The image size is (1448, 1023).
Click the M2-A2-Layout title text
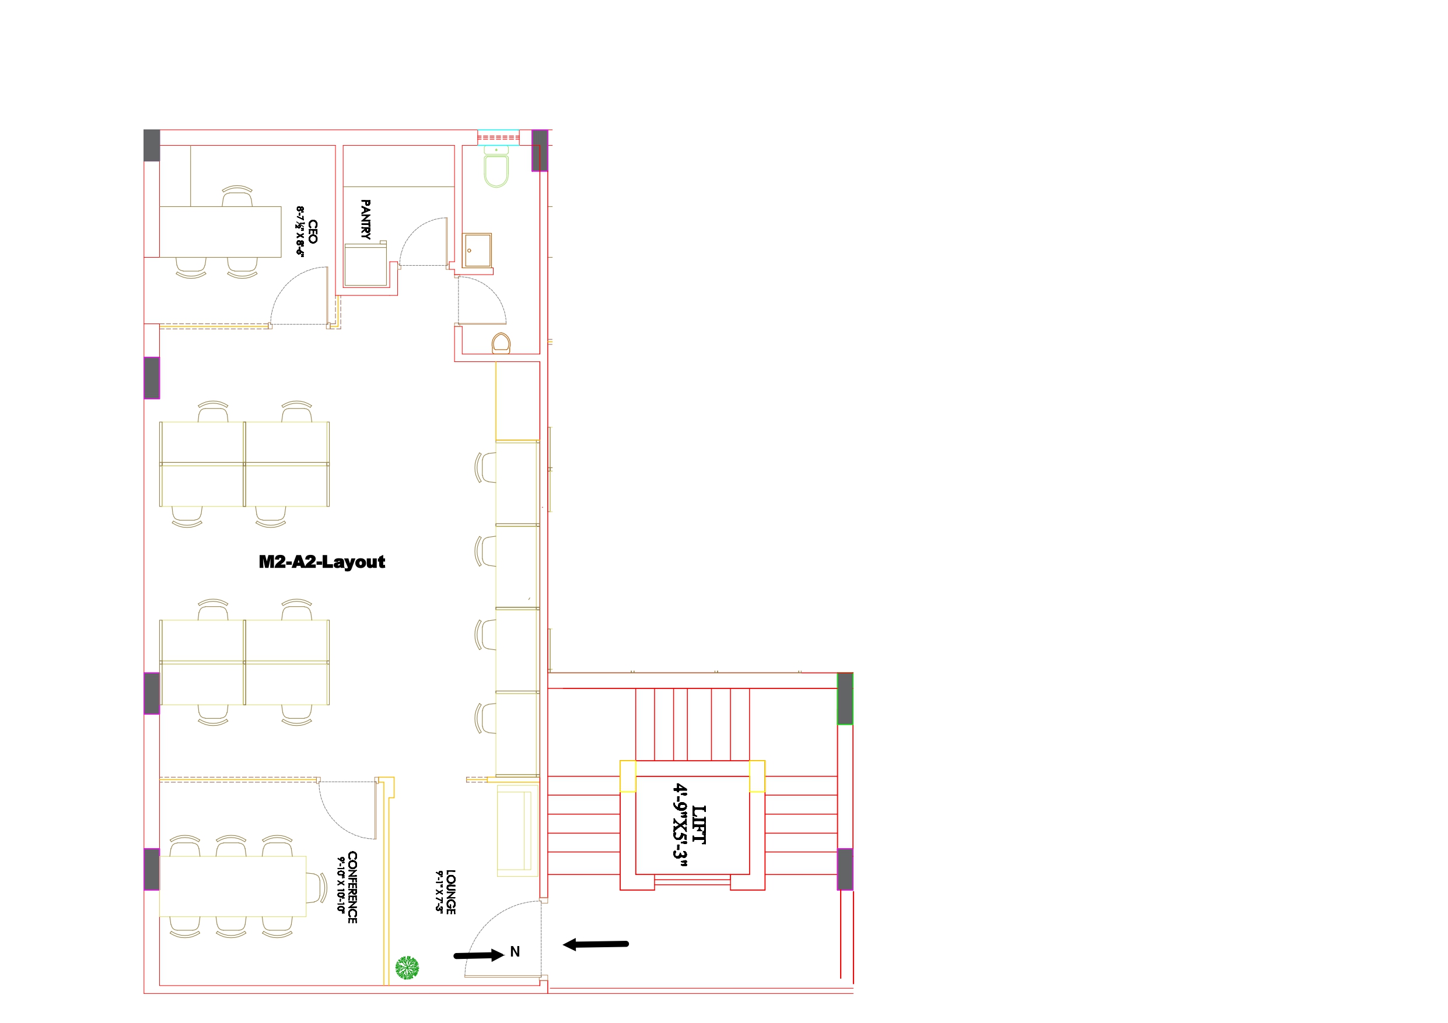[x=321, y=563]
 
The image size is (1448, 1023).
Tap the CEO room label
[x=313, y=231]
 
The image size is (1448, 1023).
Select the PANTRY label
[x=365, y=219]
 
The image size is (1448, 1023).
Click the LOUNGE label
[x=451, y=892]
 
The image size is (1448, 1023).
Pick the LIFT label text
[x=699, y=824]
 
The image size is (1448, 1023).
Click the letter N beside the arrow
[x=515, y=952]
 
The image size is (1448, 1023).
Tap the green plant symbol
[x=407, y=967]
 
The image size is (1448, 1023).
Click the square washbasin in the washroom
[x=477, y=250]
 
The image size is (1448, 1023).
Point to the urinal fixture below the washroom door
[x=501, y=343]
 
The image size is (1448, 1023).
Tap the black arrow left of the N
[x=478, y=955]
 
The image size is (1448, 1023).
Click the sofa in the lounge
[x=517, y=830]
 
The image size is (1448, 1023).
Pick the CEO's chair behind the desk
[x=237, y=196]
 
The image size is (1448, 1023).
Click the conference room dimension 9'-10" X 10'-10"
[x=341, y=885]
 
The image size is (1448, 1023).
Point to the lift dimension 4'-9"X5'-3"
[x=680, y=825]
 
